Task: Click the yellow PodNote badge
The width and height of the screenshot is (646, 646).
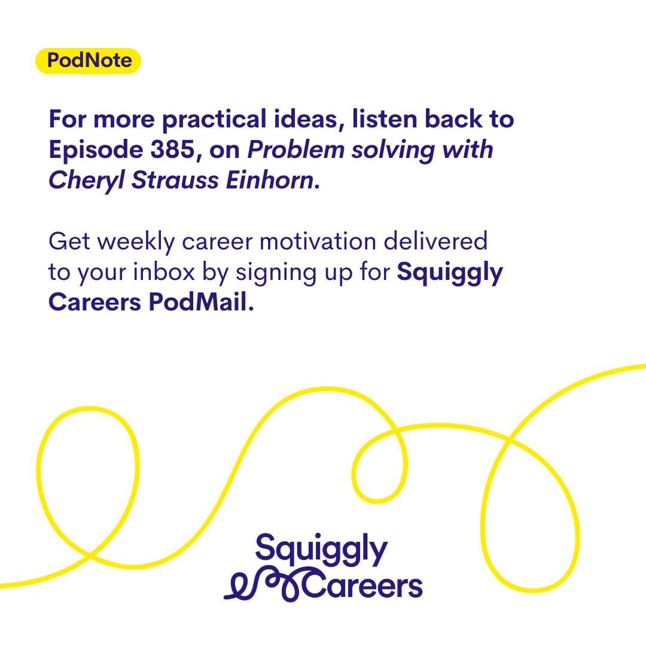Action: pos(88,61)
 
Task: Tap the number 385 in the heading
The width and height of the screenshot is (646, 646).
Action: pos(172,149)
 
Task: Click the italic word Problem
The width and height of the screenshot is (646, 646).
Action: pos(296,149)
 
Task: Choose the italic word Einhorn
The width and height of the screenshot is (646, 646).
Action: pos(269,180)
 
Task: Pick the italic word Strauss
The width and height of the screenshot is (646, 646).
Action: pos(175,180)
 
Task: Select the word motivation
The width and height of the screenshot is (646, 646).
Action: pos(318,241)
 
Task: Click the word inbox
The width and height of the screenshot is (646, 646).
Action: pos(164,272)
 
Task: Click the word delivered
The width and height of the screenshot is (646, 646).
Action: pos(435,241)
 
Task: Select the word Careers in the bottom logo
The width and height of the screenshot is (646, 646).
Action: pos(362,585)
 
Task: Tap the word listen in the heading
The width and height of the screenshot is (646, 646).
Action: pos(385,118)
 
